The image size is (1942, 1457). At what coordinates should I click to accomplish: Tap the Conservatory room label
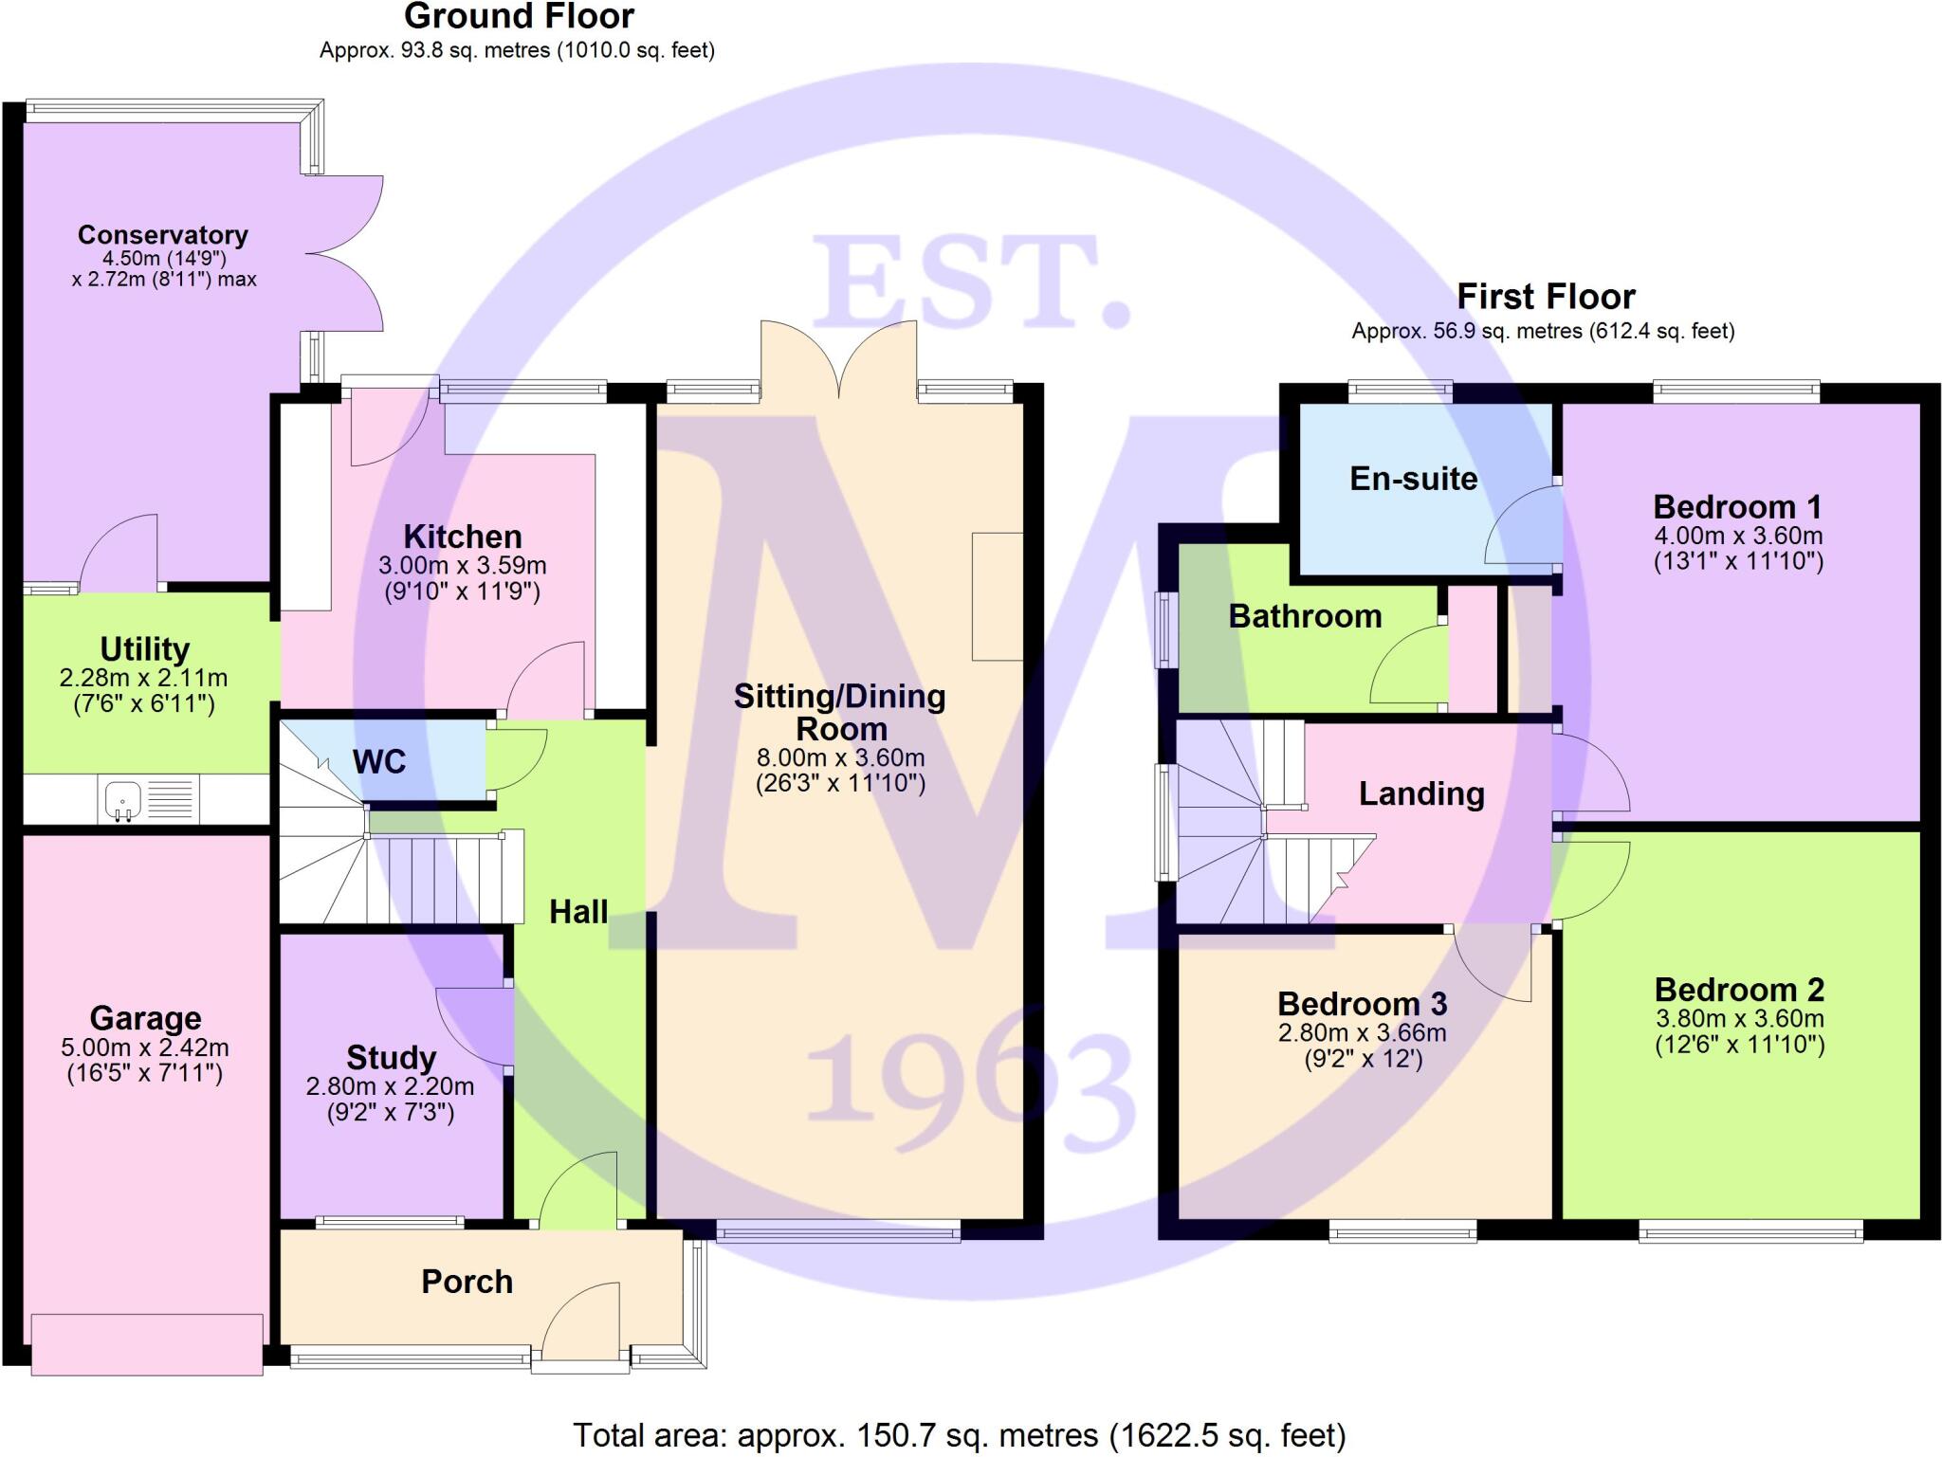(162, 234)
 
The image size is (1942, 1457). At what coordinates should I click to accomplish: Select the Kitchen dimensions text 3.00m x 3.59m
(462, 566)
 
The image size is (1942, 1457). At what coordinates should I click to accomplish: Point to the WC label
(378, 761)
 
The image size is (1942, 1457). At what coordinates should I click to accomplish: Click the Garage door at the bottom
(147, 1344)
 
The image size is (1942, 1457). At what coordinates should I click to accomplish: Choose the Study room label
(391, 1057)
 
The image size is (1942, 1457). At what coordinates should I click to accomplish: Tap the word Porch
(467, 1282)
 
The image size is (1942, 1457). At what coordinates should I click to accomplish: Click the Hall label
(578, 912)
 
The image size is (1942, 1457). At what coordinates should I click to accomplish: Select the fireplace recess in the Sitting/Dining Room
(998, 596)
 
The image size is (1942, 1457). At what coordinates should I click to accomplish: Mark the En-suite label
(1413, 479)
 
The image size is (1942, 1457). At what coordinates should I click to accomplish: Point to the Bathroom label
(1305, 616)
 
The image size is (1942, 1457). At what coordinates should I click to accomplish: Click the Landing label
(1420, 793)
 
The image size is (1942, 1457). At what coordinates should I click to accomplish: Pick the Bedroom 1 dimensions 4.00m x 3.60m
(1738, 536)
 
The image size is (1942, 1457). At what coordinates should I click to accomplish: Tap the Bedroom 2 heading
(1739, 990)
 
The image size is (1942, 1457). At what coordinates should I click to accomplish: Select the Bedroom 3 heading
(1362, 1004)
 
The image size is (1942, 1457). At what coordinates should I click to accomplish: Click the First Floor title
(1546, 297)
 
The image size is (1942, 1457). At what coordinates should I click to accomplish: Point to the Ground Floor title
(519, 16)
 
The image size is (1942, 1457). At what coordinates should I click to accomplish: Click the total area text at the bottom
(959, 1435)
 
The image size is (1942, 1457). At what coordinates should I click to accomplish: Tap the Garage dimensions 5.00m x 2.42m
(145, 1047)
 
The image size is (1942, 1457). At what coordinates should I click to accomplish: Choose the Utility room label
(145, 649)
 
